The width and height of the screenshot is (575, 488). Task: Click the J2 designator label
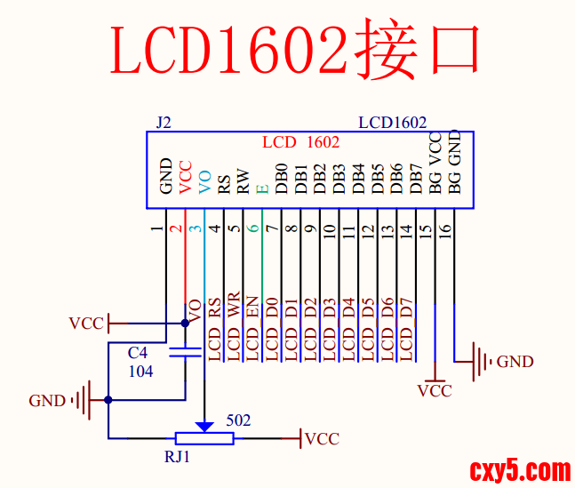click(x=163, y=123)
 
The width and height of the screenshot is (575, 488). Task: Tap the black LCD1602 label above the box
click(x=392, y=123)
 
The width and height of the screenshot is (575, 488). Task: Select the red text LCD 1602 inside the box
click(x=300, y=142)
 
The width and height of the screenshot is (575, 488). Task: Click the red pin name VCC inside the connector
click(x=185, y=177)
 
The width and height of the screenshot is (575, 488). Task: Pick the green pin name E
click(x=262, y=188)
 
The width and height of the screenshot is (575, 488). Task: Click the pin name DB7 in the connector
click(x=416, y=179)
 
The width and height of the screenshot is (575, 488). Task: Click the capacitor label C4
click(x=138, y=353)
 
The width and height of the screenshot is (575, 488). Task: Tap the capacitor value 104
click(x=140, y=371)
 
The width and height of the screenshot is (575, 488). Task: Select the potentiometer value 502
click(x=238, y=419)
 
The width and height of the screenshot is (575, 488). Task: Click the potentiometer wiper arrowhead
click(x=204, y=427)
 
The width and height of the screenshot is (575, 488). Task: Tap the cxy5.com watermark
click(x=520, y=468)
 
